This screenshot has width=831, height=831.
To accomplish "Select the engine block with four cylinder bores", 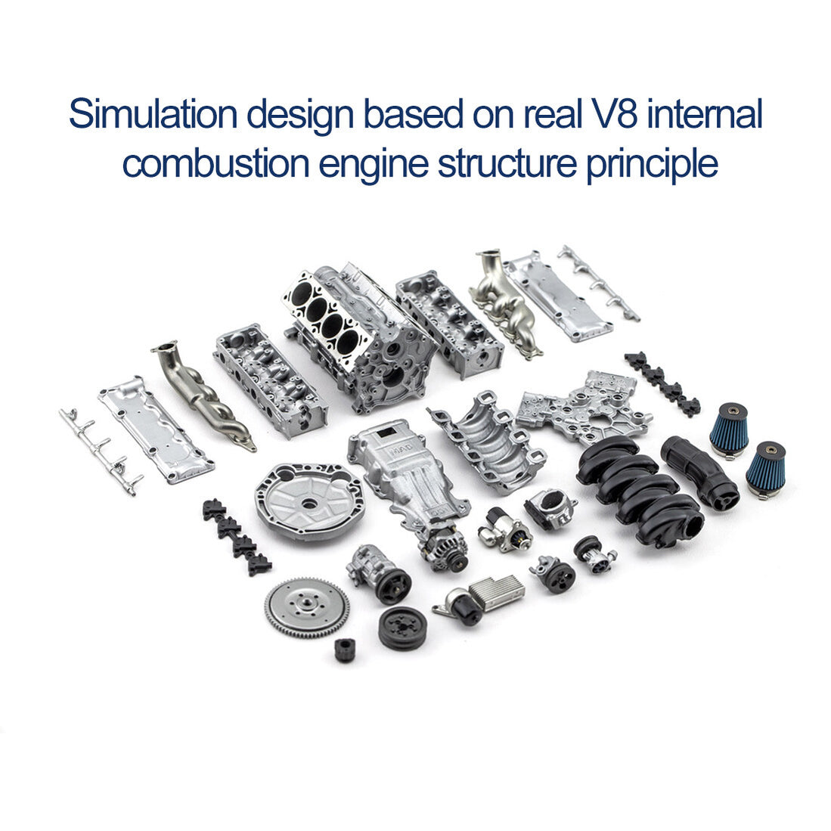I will point(355,333).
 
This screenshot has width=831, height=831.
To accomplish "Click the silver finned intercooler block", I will point(497,591).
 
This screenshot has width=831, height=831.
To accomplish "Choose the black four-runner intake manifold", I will point(639,488).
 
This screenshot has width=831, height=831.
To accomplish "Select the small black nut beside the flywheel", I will point(345,649).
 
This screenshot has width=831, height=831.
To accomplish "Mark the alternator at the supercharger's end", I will point(444,548).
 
